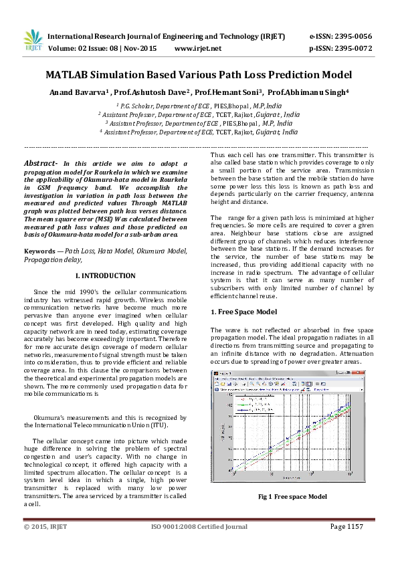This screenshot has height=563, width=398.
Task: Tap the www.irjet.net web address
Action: pos(197,48)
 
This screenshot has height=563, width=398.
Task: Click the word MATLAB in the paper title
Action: pos(70,76)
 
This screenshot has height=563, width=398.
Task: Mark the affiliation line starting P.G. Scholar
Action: pos(199,106)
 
